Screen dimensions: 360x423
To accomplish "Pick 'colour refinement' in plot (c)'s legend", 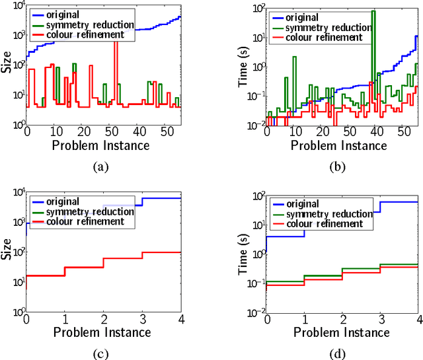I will coord(91,221).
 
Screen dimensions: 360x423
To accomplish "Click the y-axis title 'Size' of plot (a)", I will coord(6,65).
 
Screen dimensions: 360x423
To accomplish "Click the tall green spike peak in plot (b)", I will coord(374,12).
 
